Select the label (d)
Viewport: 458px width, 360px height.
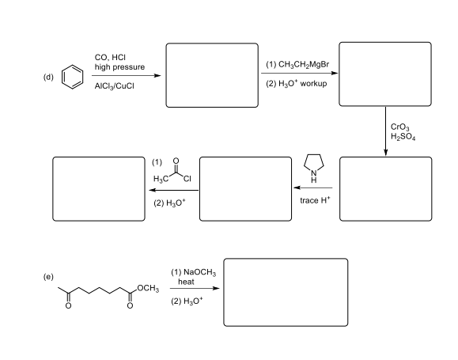[x=48, y=77]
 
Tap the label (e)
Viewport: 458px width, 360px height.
[x=48, y=276]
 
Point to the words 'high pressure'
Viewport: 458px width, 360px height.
[x=119, y=67]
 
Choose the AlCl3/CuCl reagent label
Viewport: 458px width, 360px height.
[x=114, y=86]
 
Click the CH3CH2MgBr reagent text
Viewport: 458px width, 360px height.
[x=304, y=65]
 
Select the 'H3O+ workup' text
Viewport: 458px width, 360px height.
[x=303, y=84]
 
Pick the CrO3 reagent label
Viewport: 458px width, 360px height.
[x=400, y=127]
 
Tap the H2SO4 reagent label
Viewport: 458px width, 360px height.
[x=403, y=137]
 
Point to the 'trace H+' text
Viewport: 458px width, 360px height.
[x=315, y=200]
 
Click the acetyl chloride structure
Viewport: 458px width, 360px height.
[x=172, y=171]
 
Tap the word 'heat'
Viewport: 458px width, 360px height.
[x=186, y=282]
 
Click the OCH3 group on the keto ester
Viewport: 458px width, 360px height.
[x=148, y=289]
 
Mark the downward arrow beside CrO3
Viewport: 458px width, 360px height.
[x=385, y=131]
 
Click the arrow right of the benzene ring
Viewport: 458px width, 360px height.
[x=127, y=76]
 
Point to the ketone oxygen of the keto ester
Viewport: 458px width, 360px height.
[x=68, y=306]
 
